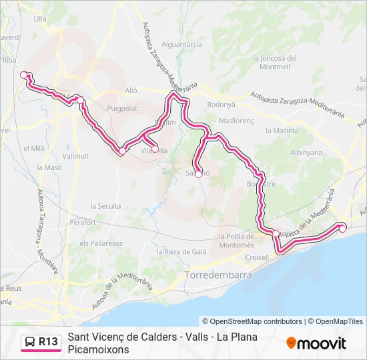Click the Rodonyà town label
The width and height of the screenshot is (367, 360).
point(222,104)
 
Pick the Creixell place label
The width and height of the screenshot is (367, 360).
point(257,257)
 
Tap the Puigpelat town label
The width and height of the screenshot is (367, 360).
point(121,105)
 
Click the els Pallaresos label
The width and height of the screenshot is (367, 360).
point(101,243)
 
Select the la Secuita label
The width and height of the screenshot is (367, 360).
point(105,206)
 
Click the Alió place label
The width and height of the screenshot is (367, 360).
point(131,90)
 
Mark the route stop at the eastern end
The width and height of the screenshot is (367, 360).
point(342,229)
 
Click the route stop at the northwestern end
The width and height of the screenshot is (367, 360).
point(24,75)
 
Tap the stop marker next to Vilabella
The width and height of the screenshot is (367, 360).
point(155,149)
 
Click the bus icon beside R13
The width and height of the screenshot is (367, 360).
point(29,342)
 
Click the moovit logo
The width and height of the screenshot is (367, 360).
point(316,343)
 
